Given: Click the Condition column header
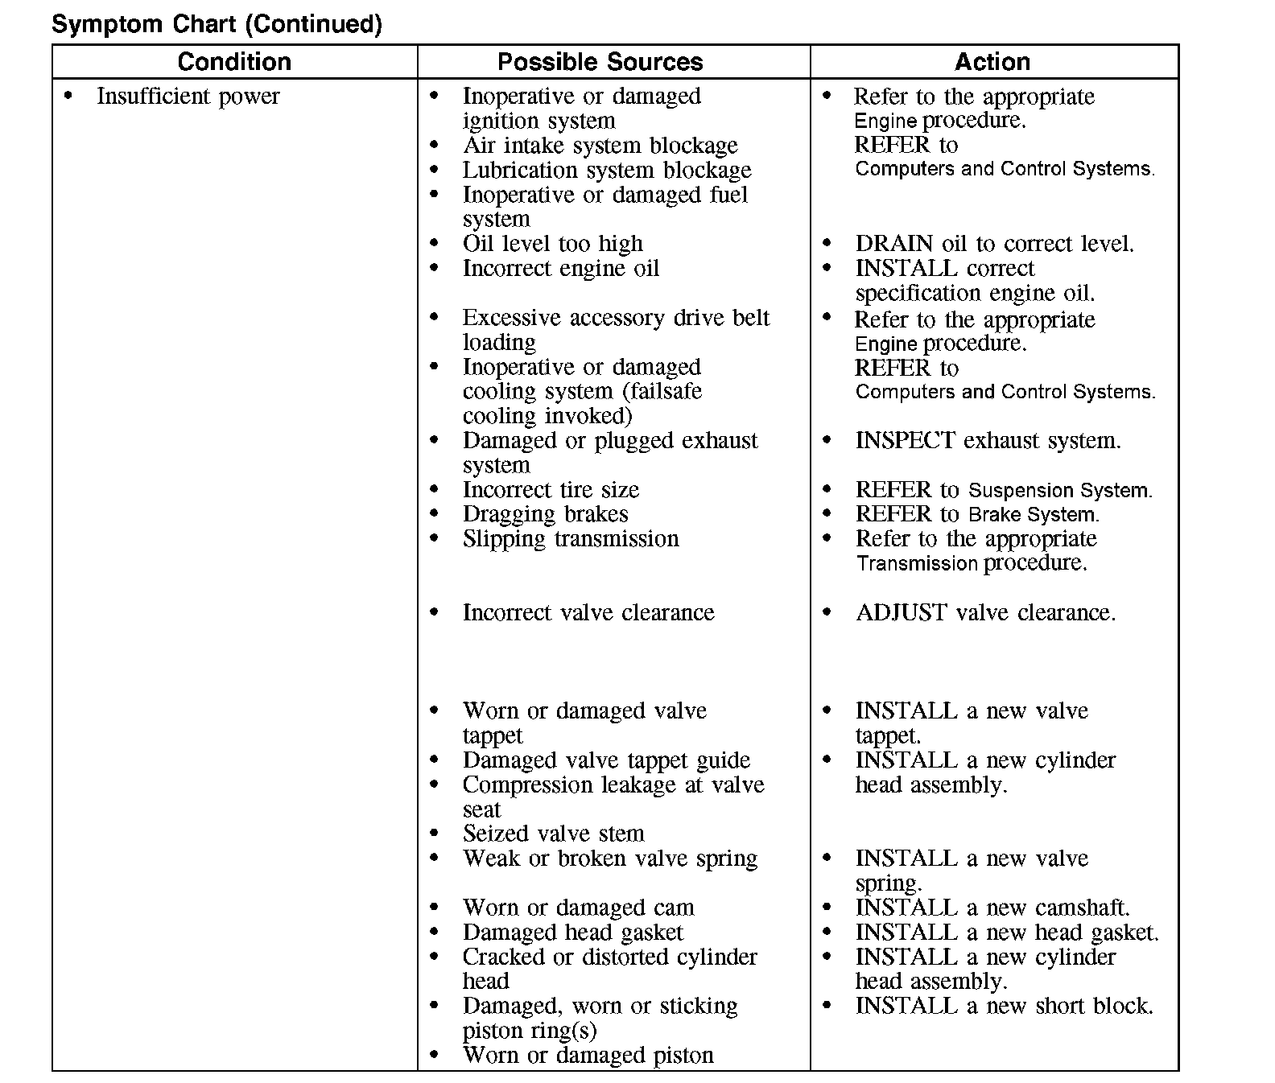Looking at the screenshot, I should [234, 62].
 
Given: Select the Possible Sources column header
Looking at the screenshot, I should [600, 62].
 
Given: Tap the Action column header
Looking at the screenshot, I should [992, 62].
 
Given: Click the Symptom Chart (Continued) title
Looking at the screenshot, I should [217, 24].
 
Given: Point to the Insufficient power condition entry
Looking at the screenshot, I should [188, 97].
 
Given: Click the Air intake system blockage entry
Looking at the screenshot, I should [600, 146].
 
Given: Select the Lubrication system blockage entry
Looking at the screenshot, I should [606, 171].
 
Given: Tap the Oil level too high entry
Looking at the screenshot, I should [552, 244].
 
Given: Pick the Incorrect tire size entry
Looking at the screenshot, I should [551, 490].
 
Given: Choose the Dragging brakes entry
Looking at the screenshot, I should [545, 514].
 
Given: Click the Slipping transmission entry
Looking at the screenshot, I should [571, 539].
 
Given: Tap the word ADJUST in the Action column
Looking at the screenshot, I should [902, 613].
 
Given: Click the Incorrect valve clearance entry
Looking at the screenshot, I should [588, 613].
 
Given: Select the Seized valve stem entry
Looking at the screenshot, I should [553, 834].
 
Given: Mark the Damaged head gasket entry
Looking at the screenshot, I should [572, 933].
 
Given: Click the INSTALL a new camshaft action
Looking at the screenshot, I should [992, 908].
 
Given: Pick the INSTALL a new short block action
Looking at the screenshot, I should [1004, 1007].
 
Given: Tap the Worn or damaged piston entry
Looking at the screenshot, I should [588, 1056].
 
